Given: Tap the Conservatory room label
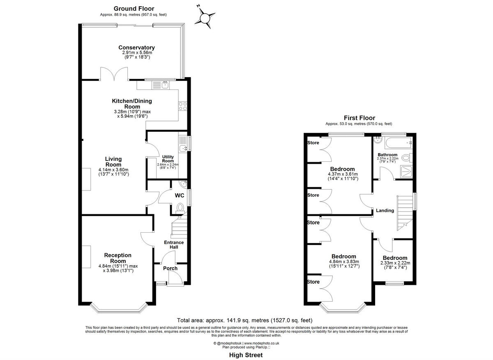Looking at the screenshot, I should pos(136,48).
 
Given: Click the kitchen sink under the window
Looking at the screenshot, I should pos(161,85).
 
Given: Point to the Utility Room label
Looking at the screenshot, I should pos(168,159).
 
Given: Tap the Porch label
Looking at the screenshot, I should pos(170,268).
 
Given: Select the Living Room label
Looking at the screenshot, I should pos(113,162).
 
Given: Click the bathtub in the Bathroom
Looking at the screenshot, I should pos(398,143).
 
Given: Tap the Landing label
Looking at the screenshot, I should pos(385,211).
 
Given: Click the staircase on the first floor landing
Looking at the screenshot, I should pos(405,211).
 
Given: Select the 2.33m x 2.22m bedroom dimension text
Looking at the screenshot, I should pos(394,263).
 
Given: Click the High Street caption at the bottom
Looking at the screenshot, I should pos(246,355).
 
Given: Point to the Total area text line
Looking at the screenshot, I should pos(244,320).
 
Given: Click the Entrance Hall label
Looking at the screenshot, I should pos(174,245).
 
